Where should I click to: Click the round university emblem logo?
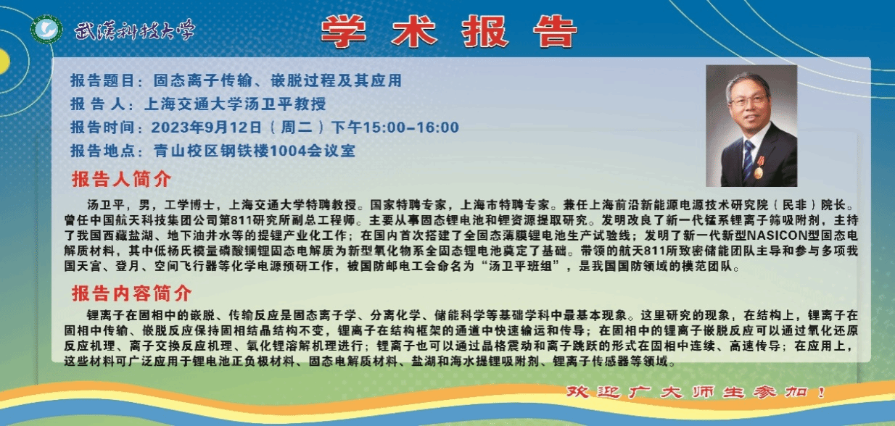tap(46, 29)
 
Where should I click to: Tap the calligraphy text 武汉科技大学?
tap(135, 30)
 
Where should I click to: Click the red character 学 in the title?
tap(344, 31)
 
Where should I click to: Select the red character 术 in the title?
tap(414, 31)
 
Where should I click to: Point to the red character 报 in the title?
tap(485, 31)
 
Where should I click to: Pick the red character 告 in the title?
tap(555, 31)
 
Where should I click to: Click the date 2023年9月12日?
tap(206, 128)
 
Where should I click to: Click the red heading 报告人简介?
tap(121, 179)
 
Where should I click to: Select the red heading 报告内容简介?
tap(132, 293)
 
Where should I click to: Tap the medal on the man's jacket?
tap(759, 167)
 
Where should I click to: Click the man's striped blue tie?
tap(748, 159)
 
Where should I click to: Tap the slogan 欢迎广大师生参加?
tap(696, 392)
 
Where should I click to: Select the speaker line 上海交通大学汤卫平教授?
tap(235, 104)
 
